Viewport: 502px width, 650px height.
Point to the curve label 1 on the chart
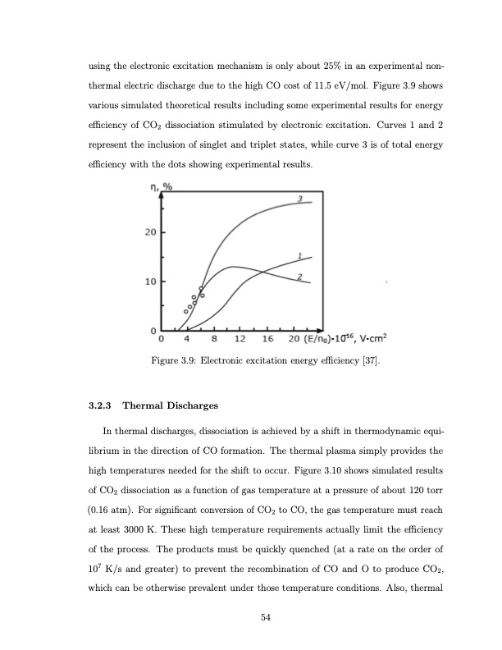[x=300, y=254]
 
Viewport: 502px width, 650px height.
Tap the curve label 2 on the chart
[x=300, y=276]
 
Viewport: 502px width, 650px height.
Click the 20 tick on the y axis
[x=149, y=231]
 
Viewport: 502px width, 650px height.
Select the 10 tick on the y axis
[x=149, y=282]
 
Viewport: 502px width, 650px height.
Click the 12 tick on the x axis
[x=240, y=340]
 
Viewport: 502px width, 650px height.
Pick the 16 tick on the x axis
[x=267, y=340]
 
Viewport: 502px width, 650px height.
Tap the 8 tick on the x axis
[x=214, y=340]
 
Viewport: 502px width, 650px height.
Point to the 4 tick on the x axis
[x=188, y=340]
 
